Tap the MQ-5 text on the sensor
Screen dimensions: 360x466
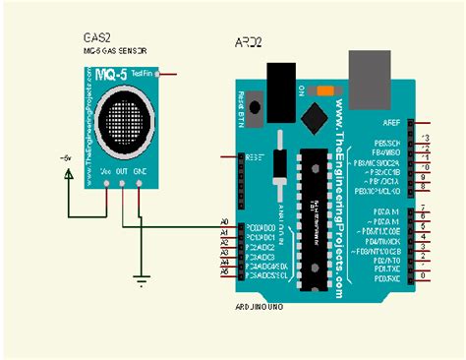pos(107,74)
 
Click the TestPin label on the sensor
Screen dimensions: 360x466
pos(143,74)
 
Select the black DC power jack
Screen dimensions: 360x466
pos(282,83)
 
